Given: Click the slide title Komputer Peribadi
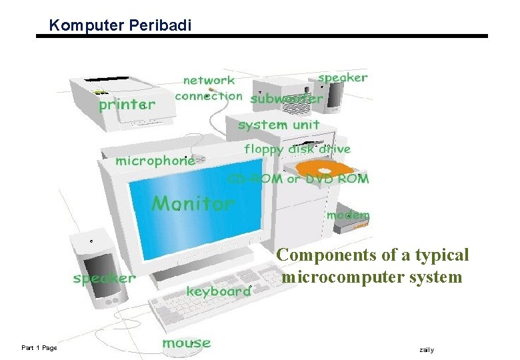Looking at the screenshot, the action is (120, 26).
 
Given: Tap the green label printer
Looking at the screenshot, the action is (127, 105).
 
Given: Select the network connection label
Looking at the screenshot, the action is (209, 88).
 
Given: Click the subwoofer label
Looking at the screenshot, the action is (287, 99).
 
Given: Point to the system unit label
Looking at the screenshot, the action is (279, 125).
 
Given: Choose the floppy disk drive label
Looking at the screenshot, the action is (297, 149).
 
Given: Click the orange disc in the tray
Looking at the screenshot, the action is (323, 170).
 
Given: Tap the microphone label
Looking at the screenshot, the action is (155, 161).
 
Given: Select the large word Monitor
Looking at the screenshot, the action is (193, 203).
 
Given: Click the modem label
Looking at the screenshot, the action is (347, 215).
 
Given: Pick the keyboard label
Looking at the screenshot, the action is (219, 291).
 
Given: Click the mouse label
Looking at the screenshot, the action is (186, 343).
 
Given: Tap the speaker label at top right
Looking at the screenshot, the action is (343, 77).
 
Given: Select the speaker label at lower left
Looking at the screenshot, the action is (105, 278).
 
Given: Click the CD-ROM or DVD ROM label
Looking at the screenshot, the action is (298, 179).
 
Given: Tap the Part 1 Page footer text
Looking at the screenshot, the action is (39, 347).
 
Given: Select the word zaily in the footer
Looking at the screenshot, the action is (427, 349).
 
